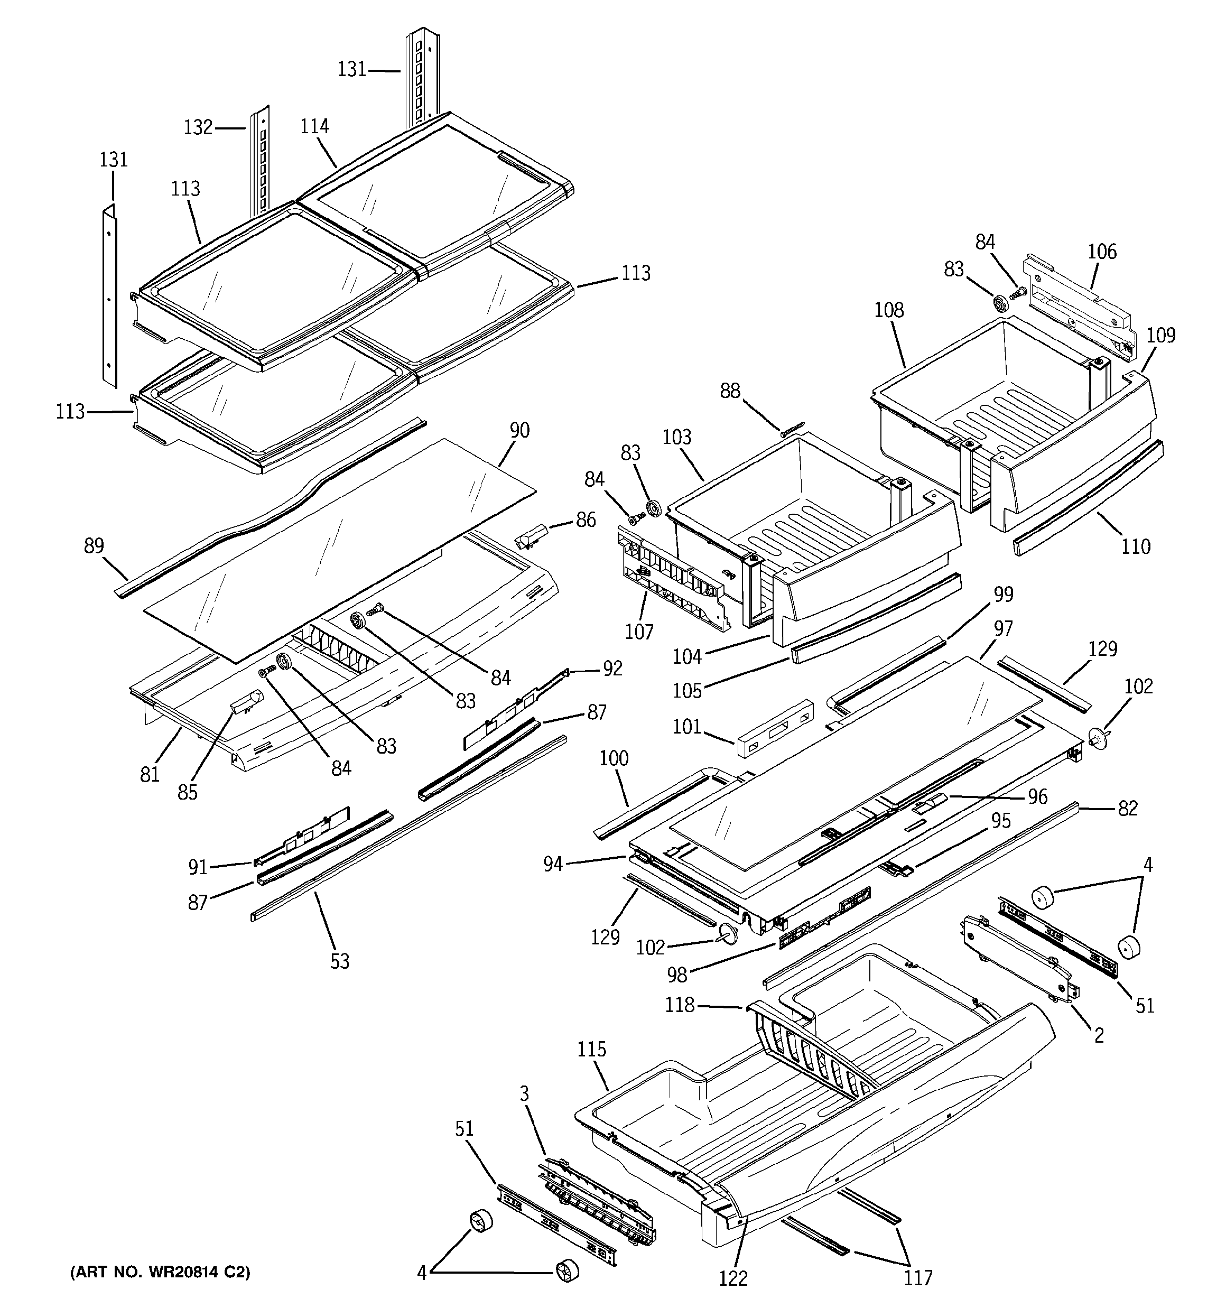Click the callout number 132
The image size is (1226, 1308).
pyautogui.click(x=198, y=127)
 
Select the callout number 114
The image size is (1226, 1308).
pyautogui.click(x=314, y=126)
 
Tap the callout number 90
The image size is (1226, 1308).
pyautogui.click(x=519, y=431)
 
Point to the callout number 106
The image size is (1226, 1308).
pyautogui.click(x=1102, y=252)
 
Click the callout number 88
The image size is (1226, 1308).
pyautogui.click(x=730, y=392)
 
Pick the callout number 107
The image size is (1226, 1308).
pyautogui.click(x=639, y=632)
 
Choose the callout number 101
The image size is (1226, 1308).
pyautogui.click(x=687, y=727)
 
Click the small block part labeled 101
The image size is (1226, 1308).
pyautogui.click(x=774, y=728)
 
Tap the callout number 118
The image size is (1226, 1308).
pyautogui.click(x=680, y=1005)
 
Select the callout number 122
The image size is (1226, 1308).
pyautogui.click(x=733, y=1278)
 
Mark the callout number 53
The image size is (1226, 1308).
pyautogui.click(x=340, y=962)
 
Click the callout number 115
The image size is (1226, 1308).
pyautogui.click(x=592, y=1050)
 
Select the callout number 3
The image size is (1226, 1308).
pyautogui.click(x=525, y=1093)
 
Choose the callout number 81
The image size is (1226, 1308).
pyautogui.click(x=150, y=774)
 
